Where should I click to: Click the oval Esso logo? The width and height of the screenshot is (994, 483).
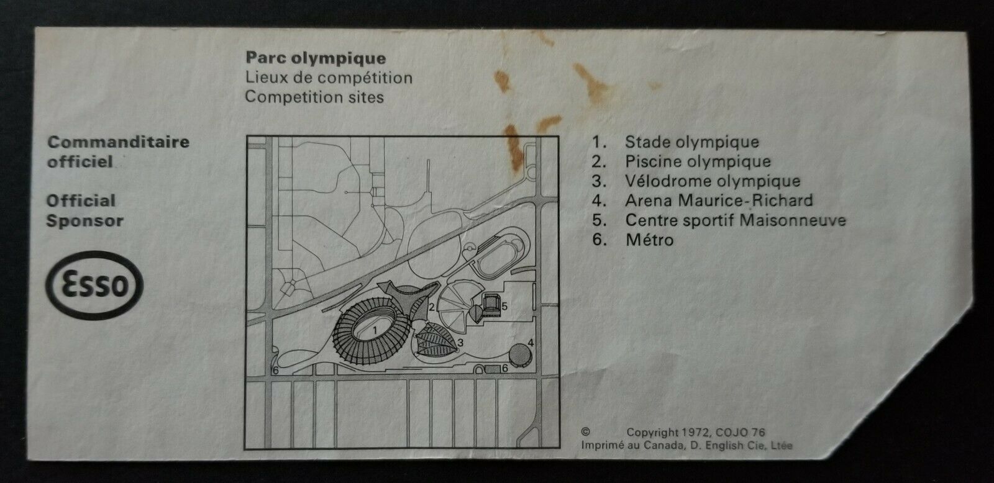[94, 285]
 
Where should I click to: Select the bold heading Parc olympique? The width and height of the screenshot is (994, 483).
[316, 58]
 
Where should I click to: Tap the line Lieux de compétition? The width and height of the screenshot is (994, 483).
[329, 78]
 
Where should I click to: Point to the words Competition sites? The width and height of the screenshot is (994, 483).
[314, 97]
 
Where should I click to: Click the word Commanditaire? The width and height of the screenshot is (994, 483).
[119, 142]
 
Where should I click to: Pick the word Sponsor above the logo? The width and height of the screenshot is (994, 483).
[84, 220]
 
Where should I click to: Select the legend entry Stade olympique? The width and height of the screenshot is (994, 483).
[692, 142]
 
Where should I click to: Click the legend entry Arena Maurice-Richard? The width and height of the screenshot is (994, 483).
[719, 201]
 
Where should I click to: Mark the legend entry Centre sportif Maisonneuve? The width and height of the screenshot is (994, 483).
[736, 220]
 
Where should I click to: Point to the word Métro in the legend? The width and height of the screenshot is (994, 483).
[650, 240]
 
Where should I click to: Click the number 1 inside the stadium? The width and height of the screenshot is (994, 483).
[375, 330]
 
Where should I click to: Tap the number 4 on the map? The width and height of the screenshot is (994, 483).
[531, 343]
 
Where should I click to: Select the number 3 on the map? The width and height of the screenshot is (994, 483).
[460, 343]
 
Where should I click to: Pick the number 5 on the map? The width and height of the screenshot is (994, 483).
[504, 307]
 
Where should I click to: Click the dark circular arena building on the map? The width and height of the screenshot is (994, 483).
[520, 355]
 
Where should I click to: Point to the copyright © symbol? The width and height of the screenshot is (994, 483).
[586, 431]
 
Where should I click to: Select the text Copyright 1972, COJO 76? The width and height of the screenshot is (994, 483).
[696, 433]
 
